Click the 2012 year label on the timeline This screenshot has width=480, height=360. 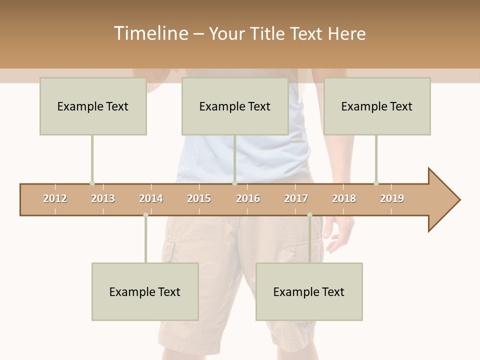(55, 198)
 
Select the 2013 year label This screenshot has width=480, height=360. (103, 198)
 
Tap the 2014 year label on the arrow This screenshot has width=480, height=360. (151, 198)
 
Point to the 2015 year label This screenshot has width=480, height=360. (199, 198)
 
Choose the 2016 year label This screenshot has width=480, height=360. (248, 198)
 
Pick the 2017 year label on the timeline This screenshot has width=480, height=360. (296, 198)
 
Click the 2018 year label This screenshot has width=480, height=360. (344, 198)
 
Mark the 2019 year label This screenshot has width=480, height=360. (392, 198)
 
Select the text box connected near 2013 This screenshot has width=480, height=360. (93, 106)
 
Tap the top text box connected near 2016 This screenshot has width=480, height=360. (235, 106)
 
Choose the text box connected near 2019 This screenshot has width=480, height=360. (377, 106)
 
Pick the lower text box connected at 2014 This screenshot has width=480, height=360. (145, 291)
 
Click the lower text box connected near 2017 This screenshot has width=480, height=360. (309, 291)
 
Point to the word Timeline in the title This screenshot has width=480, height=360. (150, 33)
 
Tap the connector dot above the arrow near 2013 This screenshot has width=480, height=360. (92, 183)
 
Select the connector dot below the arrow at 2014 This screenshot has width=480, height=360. (145, 215)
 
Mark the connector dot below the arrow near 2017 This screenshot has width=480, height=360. (309, 215)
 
